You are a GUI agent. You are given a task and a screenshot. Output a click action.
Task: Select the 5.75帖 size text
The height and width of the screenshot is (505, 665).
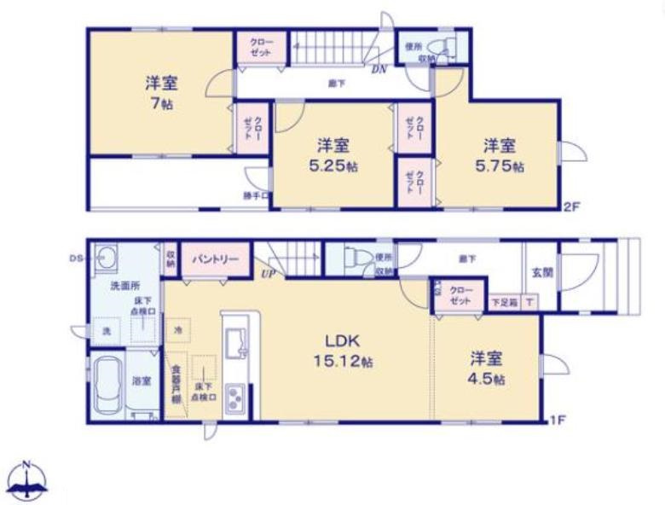500,166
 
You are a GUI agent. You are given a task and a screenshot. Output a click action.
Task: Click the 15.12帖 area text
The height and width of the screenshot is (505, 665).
344,362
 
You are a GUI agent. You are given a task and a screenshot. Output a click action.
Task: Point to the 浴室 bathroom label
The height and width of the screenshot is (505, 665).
142,381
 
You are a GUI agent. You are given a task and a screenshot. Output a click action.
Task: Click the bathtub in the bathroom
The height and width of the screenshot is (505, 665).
107,386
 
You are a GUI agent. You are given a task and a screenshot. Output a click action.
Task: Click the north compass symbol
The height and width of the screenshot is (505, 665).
27,481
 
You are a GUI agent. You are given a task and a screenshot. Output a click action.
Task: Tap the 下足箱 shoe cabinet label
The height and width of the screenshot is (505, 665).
503,302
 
